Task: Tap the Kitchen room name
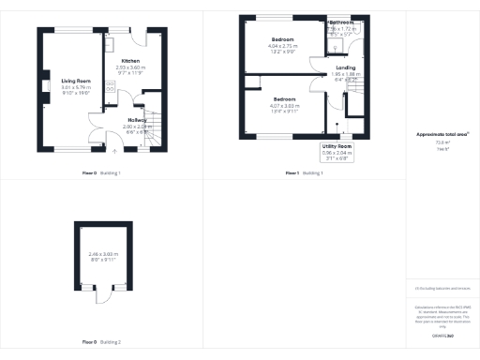pyautogui.click(x=130, y=61)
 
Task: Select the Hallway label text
pyautogui.click(x=138, y=120)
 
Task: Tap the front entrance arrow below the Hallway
pyautogui.click(x=114, y=150)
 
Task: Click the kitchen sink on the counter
pyautogui.click(x=110, y=44)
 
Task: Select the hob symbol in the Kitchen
pyautogui.click(x=110, y=85)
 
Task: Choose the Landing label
pyautogui.click(x=345, y=67)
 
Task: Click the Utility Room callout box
pyautogui.click(x=337, y=152)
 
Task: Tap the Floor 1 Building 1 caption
pyautogui.click(x=304, y=173)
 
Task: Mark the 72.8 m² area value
pyautogui.click(x=439, y=143)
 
